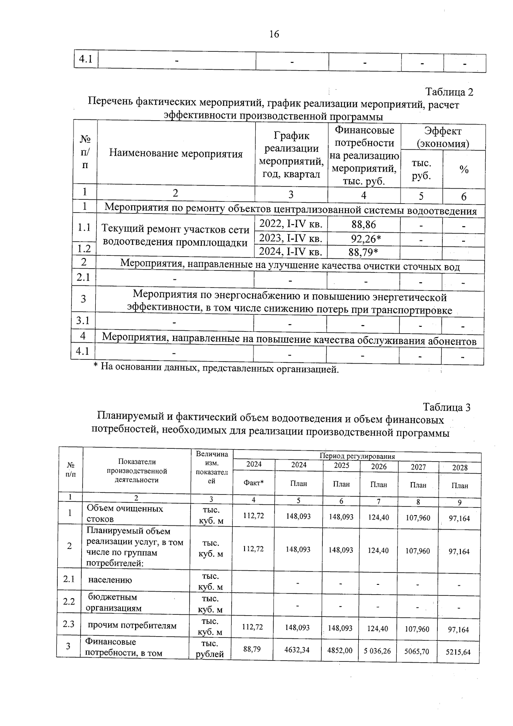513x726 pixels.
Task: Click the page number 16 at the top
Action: (x=274, y=34)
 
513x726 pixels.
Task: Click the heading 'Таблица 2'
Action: (x=449, y=92)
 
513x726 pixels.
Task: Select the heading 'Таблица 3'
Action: (x=447, y=407)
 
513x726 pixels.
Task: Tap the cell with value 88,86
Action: (x=364, y=225)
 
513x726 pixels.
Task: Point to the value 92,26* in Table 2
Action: (x=364, y=239)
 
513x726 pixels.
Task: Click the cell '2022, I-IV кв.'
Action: (x=291, y=224)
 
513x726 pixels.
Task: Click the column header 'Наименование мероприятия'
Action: (x=176, y=154)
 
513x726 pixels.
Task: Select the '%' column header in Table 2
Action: (x=464, y=170)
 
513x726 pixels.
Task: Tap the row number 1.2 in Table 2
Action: (x=84, y=249)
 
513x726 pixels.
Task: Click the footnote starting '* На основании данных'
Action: (x=216, y=368)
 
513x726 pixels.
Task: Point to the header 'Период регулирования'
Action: (x=357, y=456)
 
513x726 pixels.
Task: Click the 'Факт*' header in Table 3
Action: (x=254, y=483)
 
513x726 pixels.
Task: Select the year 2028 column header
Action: (x=460, y=468)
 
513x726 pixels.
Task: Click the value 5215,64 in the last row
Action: (x=458, y=652)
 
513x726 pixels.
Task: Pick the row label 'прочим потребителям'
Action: (x=132, y=625)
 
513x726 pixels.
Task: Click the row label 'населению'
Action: (x=110, y=580)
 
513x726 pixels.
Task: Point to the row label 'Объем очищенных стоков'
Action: (x=125, y=513)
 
